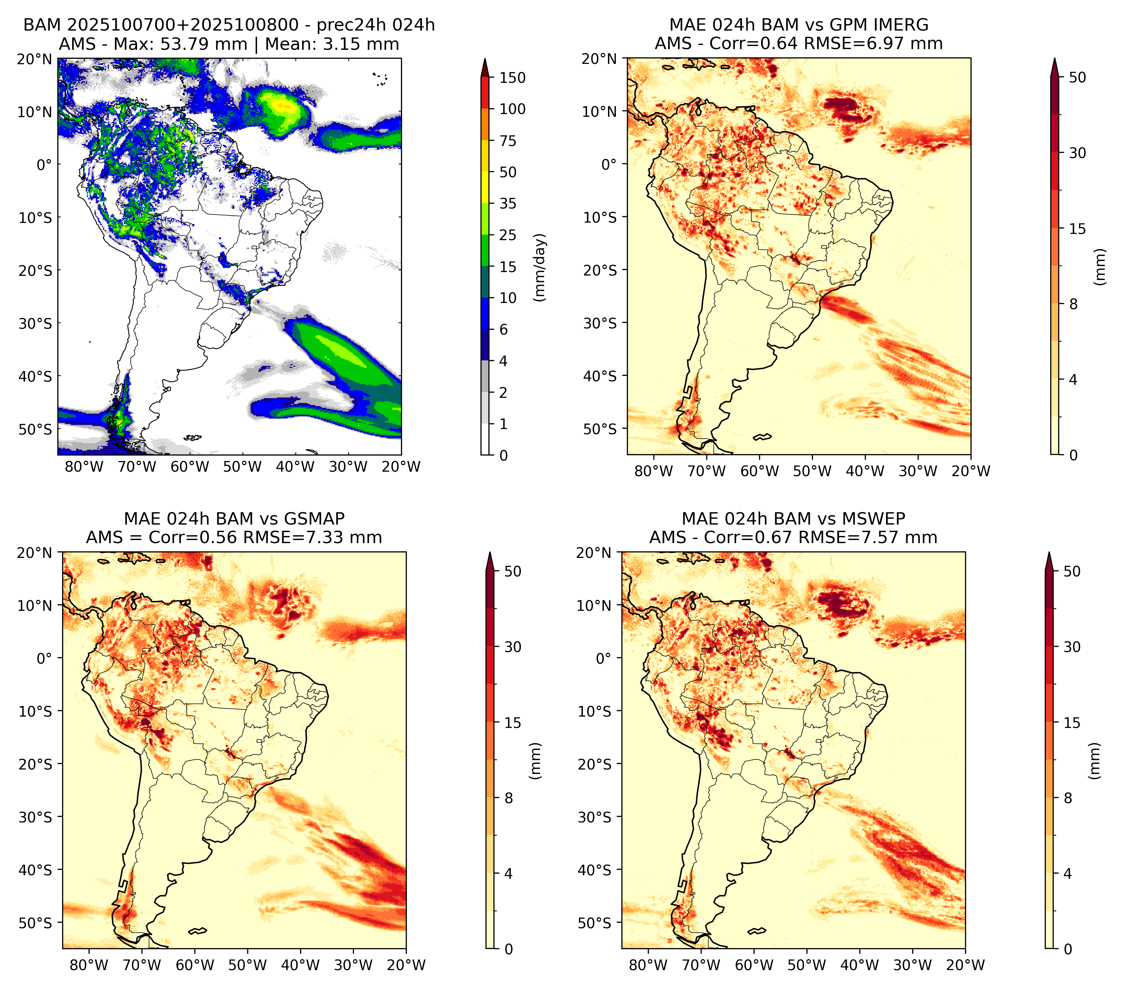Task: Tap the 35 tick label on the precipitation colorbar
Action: [507, 203]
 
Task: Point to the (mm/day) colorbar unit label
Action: [540, 267]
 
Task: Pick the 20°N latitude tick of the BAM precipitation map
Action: [34, 59]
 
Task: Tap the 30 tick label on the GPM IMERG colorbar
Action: [1077, 153]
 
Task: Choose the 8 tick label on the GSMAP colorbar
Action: [509, 798]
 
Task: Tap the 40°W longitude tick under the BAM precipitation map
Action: [295, 467]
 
